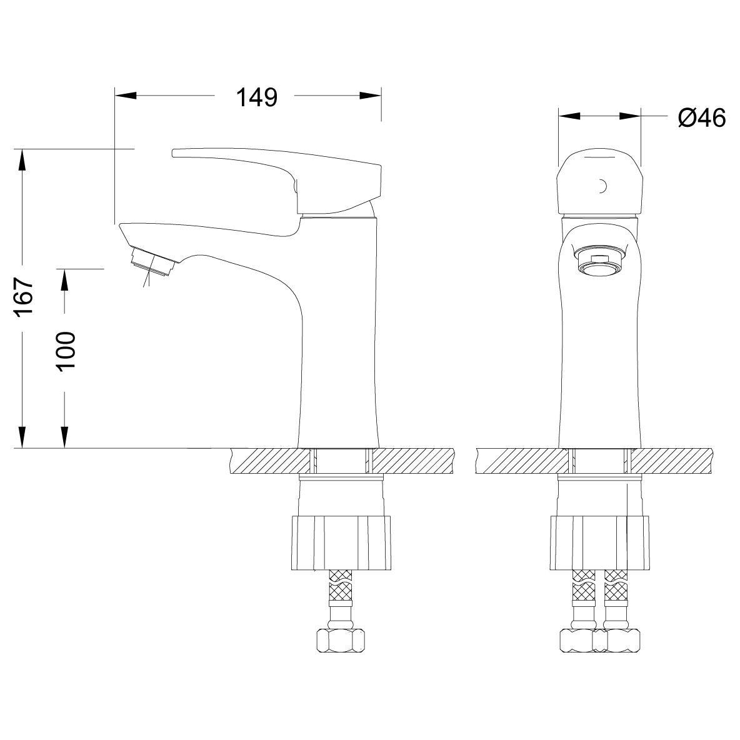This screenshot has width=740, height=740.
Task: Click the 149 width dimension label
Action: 257,97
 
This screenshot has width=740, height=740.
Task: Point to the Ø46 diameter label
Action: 702,117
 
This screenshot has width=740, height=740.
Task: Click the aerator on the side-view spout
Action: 154,261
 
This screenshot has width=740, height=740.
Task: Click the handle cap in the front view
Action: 599,184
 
